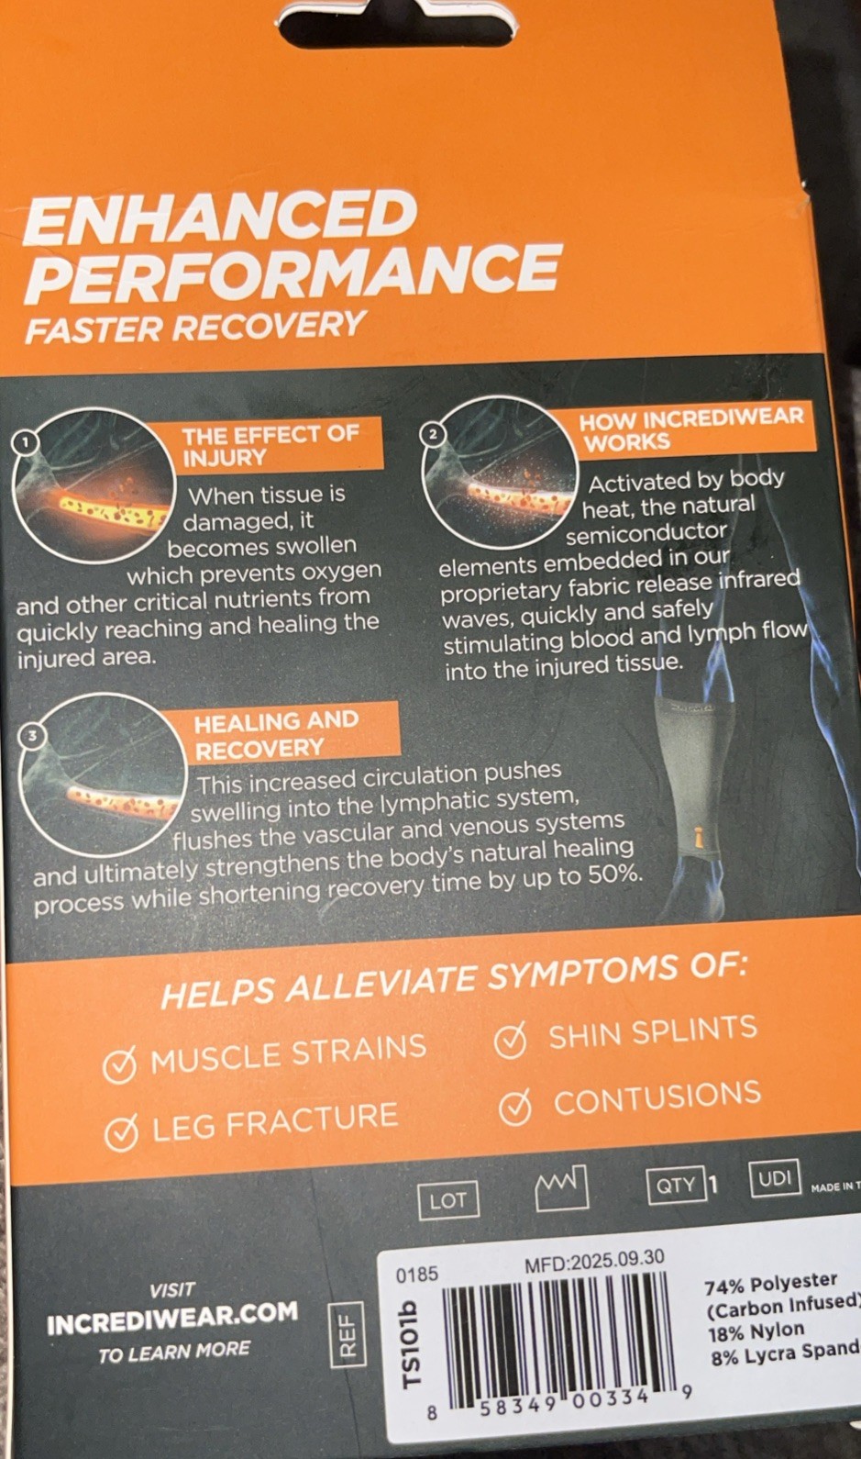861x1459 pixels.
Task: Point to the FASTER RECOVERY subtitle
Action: coord(194,326)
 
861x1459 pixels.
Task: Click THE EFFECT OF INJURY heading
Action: coord(270,446)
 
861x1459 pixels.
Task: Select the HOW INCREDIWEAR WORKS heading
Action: coord(691,429)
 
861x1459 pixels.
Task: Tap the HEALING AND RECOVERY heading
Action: coord(276,734)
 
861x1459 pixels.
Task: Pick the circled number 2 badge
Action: coord(433,434)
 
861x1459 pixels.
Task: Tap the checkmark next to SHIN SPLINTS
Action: coord(510,1041)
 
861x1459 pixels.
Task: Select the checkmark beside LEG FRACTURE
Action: coord(122,1132)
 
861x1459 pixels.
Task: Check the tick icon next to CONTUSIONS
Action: coord(516,1108)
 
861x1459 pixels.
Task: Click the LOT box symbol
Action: coord(448,1200)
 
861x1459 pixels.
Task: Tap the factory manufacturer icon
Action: coord(561,1190)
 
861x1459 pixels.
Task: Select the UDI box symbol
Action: coord(775,1177)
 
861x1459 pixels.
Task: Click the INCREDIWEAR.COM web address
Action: coord(172,1318)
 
